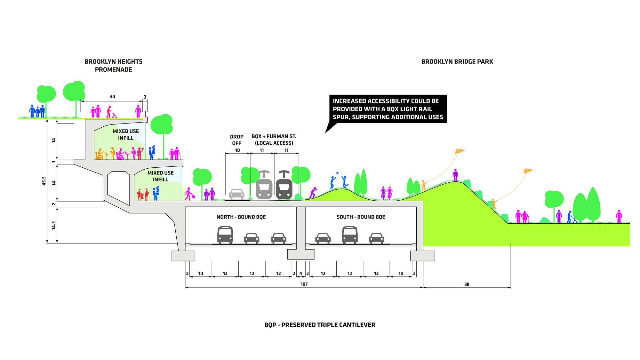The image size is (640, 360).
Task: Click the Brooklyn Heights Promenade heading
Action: click(113, 65)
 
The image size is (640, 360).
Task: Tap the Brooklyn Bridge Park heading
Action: click(457, 61)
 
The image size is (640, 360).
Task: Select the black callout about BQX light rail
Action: click(388, 109)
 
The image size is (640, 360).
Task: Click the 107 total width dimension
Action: click(304, 284)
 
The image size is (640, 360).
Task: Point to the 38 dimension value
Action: click(467, 284)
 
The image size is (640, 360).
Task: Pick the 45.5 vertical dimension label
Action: click(44, 181)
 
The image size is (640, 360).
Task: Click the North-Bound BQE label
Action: click(241, 217)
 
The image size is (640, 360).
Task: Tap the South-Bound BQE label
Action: click(361, 217)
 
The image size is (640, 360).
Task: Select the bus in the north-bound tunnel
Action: click(225, 235)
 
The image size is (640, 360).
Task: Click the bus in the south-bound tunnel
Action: click(349, 235)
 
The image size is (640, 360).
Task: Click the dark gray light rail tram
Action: click(284, 186)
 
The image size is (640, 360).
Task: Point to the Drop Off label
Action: click(237, 140)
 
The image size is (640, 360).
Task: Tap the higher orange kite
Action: click(460, 151)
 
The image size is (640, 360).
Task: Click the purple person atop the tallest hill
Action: click(455, 175)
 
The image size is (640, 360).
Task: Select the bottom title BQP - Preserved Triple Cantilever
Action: click(320, 325)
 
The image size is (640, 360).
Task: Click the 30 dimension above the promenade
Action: click(112, 97)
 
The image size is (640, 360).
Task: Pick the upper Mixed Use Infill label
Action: click(126, 134)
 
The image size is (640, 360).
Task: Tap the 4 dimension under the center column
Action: click(301, 274)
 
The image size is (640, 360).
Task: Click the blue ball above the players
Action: click(337, 173)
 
